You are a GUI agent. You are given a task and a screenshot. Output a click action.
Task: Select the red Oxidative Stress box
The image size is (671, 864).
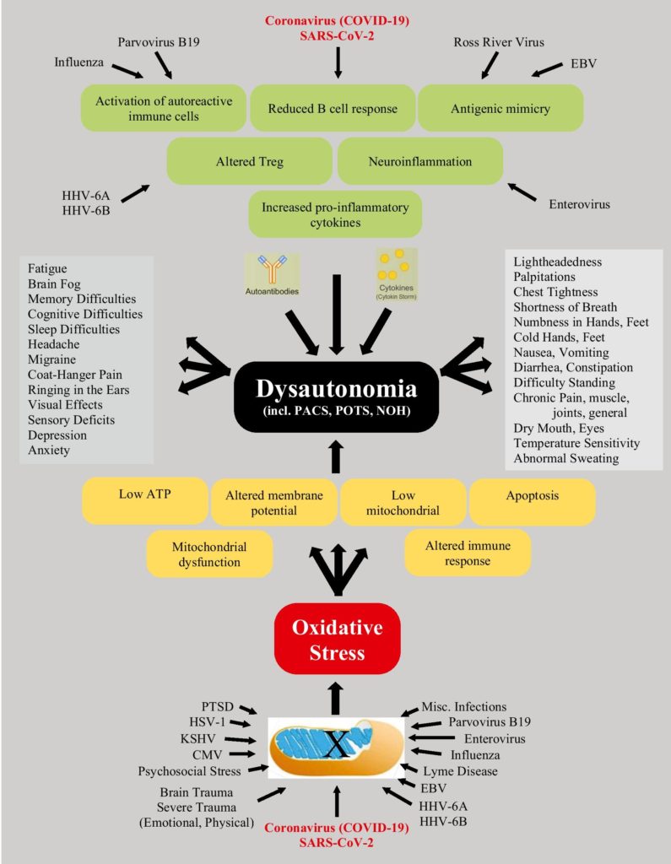pos(337,640)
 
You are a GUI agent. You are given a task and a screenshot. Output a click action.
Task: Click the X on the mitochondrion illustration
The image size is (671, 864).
pos(336,745)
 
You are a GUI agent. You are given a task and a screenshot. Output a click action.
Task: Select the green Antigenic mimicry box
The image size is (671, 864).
pos(501,108)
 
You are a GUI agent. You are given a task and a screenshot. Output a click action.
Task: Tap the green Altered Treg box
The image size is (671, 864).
pos(249,161)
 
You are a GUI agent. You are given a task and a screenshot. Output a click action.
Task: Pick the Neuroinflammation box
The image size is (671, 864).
pos(419,161)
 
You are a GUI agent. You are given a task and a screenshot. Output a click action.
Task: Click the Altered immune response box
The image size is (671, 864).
pos(468,553)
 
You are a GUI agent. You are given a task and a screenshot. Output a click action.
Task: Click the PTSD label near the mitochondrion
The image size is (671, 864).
pos(217,706)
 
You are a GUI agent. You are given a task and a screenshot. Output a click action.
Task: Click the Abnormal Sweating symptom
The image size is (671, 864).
pos(565,458)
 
